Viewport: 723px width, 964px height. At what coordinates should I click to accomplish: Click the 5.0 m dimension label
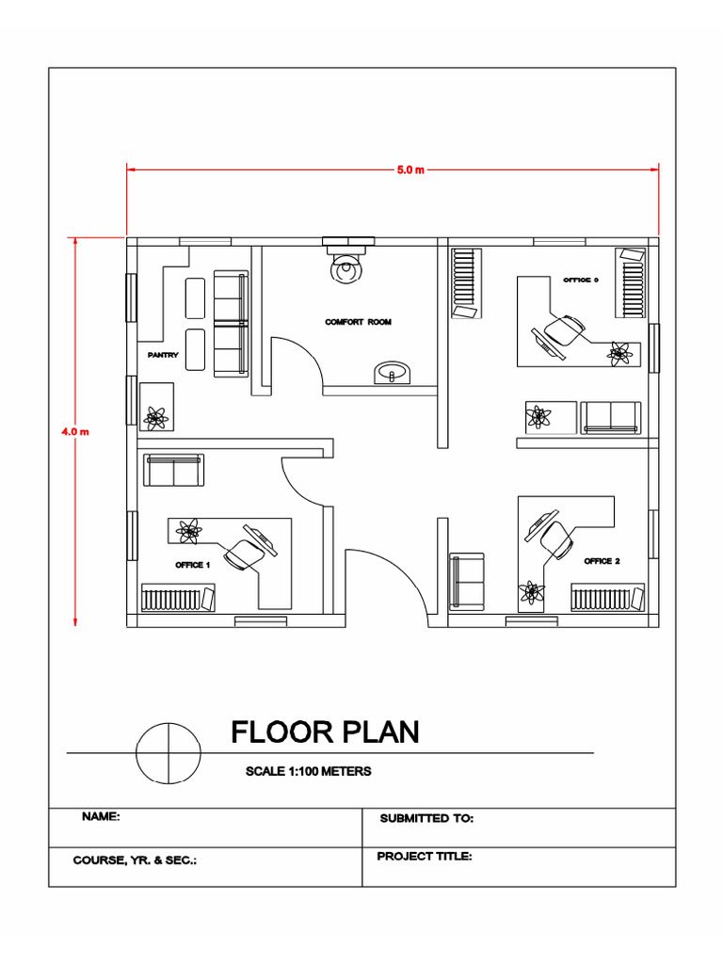point(410,169)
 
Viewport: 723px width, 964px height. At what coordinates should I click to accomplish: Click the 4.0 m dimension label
point(74,432)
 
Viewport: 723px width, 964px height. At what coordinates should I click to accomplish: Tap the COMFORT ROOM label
point(358,322)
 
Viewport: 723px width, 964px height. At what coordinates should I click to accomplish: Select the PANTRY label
point(162,355)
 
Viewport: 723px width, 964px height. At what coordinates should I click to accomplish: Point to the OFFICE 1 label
point(192,566)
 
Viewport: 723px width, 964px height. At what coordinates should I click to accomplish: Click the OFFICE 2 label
point(602,561)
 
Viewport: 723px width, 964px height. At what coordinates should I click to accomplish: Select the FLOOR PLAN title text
point(325,731)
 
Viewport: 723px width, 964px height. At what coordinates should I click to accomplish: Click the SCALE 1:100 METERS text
point(308,771)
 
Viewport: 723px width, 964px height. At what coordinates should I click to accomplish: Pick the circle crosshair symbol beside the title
point(169,753)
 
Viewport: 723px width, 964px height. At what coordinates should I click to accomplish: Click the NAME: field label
point(101,817)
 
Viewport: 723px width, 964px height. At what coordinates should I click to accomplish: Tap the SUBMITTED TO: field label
point(426,819)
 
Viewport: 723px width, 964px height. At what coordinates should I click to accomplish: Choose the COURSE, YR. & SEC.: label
point(135,860)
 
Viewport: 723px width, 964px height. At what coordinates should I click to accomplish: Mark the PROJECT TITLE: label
point(424,857)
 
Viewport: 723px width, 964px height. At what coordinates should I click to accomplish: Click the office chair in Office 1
point(246,554)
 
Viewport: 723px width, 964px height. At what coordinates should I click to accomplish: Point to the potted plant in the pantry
point(155,415)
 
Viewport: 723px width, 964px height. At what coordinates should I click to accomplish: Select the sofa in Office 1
point(173,470)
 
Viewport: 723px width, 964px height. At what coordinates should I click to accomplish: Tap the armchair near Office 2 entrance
point(467,581)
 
